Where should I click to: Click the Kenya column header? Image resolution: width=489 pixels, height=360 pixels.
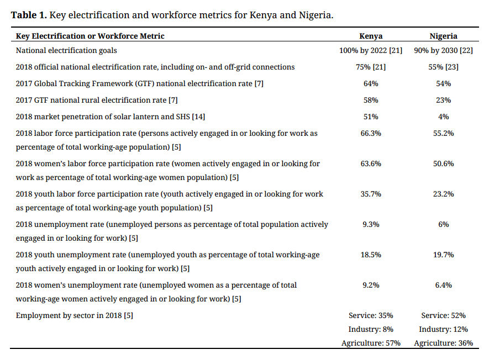tap(371, 36)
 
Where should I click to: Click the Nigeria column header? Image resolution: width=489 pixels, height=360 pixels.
tap(443, 36)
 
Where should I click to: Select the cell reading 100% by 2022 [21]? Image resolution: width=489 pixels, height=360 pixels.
tap(371, 50)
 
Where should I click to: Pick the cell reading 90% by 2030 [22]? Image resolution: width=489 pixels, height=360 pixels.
tap(443, 50)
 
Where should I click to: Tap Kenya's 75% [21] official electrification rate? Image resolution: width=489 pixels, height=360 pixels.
tap(371, 67)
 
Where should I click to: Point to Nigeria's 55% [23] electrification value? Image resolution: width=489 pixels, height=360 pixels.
tap(443, 67)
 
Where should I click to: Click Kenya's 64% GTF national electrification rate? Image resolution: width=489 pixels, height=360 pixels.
tap(371, 83)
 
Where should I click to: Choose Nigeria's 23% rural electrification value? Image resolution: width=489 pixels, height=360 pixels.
tap(443, 100)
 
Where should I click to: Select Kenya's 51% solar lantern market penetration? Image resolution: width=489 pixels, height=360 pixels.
tap(371, 117)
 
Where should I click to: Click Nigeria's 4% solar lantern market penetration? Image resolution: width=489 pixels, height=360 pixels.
tap(443, 117)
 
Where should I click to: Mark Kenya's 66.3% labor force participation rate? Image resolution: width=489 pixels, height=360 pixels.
tap(371, 133)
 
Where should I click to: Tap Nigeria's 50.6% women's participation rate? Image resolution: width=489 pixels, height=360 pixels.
tap(443, 163)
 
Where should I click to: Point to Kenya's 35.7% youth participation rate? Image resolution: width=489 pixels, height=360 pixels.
tap(371, 194)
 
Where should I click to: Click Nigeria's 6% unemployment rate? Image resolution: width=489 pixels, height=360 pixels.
tap(443, 224)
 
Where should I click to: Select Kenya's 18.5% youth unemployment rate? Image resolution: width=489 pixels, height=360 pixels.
tap(371, 255)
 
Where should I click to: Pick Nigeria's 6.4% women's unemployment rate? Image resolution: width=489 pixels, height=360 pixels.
tap(443, 285)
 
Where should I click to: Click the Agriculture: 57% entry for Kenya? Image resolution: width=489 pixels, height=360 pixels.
tap(371, 343)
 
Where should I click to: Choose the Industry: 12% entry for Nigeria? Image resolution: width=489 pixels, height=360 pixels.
tap(443, 329)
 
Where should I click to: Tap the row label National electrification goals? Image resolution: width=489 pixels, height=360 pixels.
tap(66, 50)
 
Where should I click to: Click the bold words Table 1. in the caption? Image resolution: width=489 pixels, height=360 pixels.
tap(29, 15)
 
